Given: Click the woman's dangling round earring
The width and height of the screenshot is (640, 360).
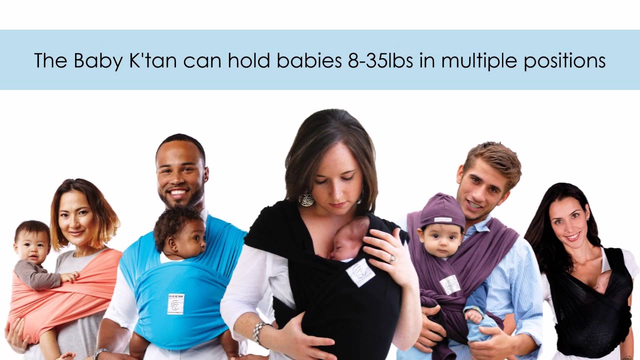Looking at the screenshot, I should coord(306,199).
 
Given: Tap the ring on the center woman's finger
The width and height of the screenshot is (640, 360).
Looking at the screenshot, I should coord(392,259).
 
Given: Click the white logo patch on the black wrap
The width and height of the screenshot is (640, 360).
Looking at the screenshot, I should coord(360,272).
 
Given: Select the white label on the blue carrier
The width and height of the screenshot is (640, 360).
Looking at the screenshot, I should coord(175,303).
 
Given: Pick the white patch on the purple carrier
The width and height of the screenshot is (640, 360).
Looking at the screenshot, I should coord(450,284).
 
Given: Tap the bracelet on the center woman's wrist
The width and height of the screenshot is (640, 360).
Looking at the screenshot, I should coord(259,332).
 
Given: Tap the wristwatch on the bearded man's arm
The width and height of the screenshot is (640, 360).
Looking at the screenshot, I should coord(101,353).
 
